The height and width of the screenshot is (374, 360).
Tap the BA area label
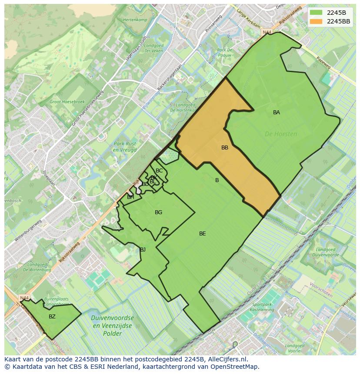pyautogui.click(x=277, y=113)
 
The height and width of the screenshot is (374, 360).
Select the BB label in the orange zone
pyautogui.click(x=225, y=148)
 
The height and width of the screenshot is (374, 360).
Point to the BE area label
pyautogui.click(x=203, y=234)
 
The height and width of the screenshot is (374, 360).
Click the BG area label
pyautogui.click(x=158, y=212)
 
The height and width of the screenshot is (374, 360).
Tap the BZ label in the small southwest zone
pyautogui.click(x=52, y=317)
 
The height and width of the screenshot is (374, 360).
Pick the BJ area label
pyautogui.click(x=143, y=249)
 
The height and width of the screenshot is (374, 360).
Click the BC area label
pyautogui.click(x=159, y=171)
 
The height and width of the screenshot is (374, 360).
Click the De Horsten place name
pyautogui.click(x=281, y=134)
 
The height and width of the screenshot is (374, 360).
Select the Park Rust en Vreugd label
pyautogui.click(x=125, y=147)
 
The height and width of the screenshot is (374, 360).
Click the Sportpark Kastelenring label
pyautogui.click(x=263, y=307)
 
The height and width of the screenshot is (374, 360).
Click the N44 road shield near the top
pyautogui.click(x=266, y=32)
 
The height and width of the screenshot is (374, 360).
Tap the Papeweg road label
pyautogui.click(x=323, y=64)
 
